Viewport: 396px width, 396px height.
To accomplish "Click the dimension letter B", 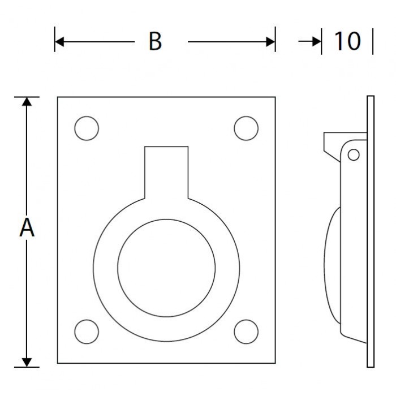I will pos(155,41).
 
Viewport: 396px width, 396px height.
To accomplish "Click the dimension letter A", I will pos(27,229).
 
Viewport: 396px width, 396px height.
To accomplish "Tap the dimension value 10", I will pos(347,41).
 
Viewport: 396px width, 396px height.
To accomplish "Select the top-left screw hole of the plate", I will pos(87,128).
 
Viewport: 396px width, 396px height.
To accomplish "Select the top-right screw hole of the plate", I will pos(245,128).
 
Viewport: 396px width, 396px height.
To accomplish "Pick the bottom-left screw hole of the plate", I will pos(87,332).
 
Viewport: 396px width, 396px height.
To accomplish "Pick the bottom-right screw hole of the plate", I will pos(245,332).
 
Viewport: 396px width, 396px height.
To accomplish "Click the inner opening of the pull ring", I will pos(166,268).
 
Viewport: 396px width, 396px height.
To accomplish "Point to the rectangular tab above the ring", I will pos(166,170).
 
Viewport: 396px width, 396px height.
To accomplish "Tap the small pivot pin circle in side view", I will pos(354,154).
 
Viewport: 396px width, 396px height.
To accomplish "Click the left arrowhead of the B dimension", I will pos(59,42).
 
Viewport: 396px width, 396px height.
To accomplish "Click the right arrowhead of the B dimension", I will pos(270,42).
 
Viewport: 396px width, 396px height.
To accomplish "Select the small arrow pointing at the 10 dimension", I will pos(310,42).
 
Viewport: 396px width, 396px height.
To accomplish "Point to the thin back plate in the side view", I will pos(371,232).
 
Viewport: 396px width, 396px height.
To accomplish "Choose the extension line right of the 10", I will pos(373,42).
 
